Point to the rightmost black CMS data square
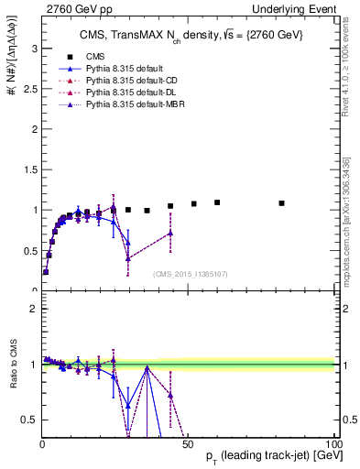pyautogui.click(x=281, y=203)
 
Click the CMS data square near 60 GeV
pyautogui.click(x=217, y=202)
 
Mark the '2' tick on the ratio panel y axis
pyautogui.click(x=33, y=309)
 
